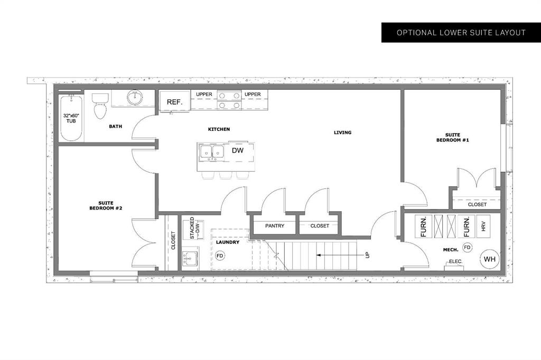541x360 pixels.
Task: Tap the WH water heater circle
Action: click(x=490, y=259)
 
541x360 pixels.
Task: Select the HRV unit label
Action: click(x=483, y=226)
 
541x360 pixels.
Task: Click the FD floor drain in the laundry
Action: click(x=219, y=255)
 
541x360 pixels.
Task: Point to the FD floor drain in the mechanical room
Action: click(x=467, y=247)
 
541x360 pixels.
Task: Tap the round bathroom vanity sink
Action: click(x=135, y=98)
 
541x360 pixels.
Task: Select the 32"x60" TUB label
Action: click(x=71, y=118)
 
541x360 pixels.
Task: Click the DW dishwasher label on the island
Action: click(x=237, y=150)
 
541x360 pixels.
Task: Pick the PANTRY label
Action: click(x=275, y=226)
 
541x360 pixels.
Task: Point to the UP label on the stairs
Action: click(x=367, y=255)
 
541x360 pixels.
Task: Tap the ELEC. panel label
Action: click(x=455, y=261)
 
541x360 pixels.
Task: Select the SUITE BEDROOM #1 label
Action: click(x=452, y=138)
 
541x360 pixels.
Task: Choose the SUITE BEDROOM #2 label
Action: click(x=106, y=205)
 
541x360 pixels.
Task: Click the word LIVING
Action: click(x=342, y=132)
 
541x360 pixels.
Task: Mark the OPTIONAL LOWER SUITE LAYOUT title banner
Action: click(x=461, y=33)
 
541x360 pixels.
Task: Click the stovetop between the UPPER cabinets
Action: click(x=229, y=100)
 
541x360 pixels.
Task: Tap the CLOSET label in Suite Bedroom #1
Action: click(x=477, y=204)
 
